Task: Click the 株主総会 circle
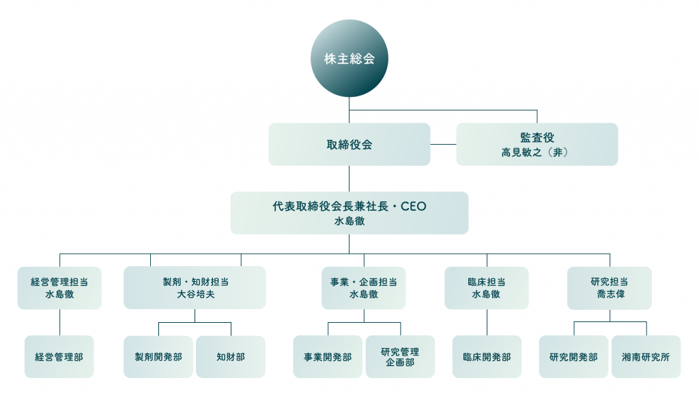349,59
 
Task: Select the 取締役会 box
349,145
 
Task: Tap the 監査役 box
537,145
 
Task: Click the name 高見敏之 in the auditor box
521,152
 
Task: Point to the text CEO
413,207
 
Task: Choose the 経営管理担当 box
59,288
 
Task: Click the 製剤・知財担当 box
195,287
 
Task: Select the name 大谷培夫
196,294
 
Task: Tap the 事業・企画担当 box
364,288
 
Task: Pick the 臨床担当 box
486,288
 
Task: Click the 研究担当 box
610,288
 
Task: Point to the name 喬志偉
610,294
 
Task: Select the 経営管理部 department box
59,357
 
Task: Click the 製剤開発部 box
158,357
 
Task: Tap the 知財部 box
231,357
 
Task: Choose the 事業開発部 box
328,357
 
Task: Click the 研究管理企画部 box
400,357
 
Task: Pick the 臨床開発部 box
487,357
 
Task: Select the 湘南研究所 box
646,357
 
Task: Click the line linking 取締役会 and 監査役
443,145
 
